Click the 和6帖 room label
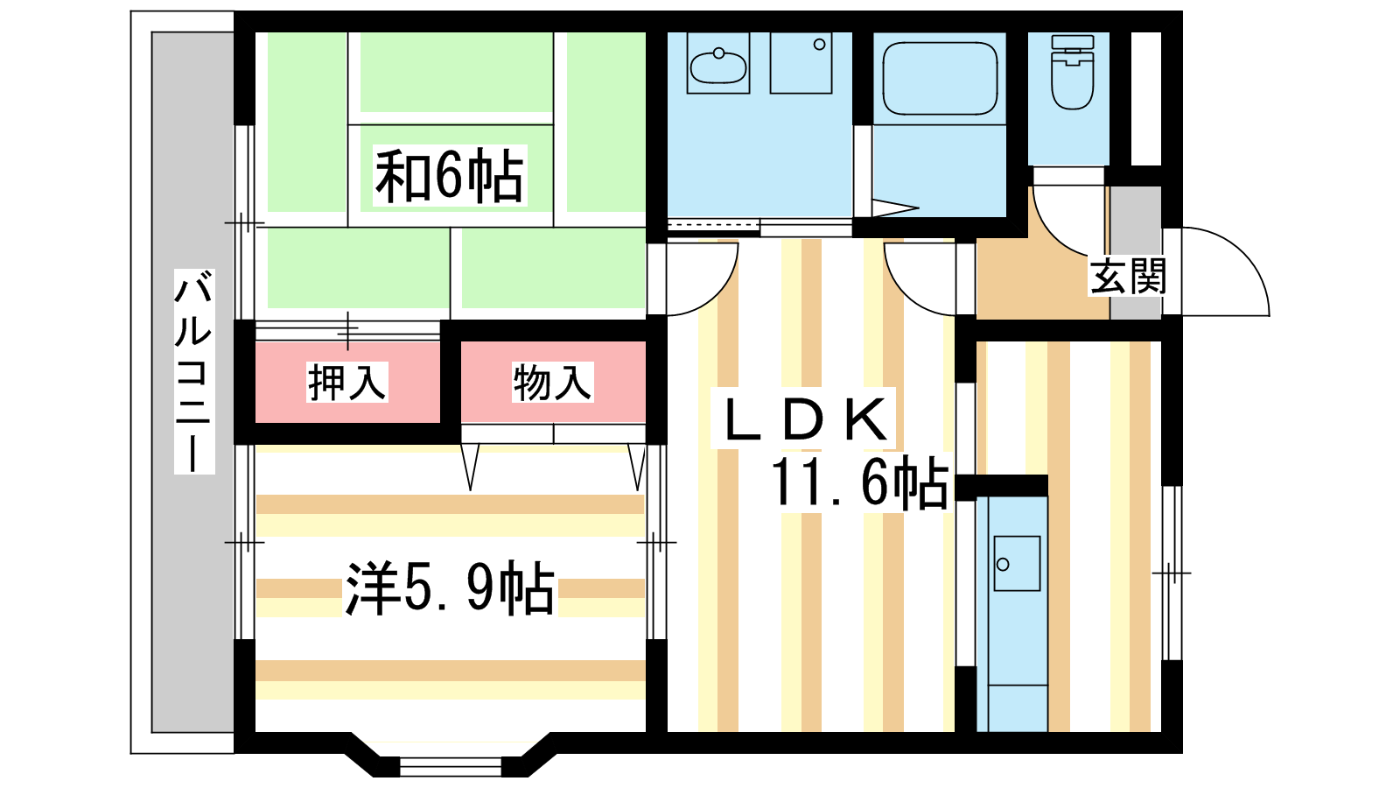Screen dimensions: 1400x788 [450, 176]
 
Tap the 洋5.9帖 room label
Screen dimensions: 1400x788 [450, 588]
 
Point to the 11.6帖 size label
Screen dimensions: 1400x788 [861, 482]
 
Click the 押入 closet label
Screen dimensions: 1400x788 [346, 382]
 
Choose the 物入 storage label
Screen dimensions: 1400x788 [552, 382]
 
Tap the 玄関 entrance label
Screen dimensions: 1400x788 [1128, 276]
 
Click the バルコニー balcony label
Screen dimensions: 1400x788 [193, 371]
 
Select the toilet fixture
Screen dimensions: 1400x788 [1073, 73]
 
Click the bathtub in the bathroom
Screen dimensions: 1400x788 [940, 79]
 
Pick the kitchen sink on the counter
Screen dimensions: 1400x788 [1017, 563]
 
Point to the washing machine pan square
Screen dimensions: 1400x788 [801, 62]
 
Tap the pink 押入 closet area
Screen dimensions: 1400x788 [347, 382]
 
